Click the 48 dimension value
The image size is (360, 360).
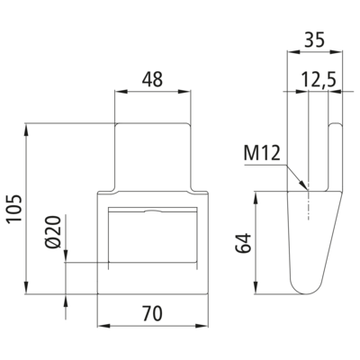pyautogui.click(x=152, y=79)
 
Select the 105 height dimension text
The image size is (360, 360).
pyautogui.click(x=14, y=208)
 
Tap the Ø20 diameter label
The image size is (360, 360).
pyautogui.click(x=54, y=232)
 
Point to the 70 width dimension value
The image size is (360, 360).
pyautogui.click(x=152, y=313)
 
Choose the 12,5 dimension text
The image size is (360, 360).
pyautogui.click(x=319, y=80)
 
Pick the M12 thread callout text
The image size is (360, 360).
pyautogui.click(x=262, y=153)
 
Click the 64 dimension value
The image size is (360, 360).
pyautogui.click(x=243, y=243)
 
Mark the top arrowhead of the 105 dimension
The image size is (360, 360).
pyautogui.click(x=27, y=130)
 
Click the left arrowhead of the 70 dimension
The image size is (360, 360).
pyautogui.click(x=104, y=326)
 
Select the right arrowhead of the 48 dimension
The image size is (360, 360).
pyautogui.click(x=184, y=92)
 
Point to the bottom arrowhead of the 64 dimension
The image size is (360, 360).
pyautogui.click(x=256, y=287)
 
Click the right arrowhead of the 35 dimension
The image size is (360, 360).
pyautogui.click(x=336, y=52)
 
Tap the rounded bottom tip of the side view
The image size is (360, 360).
pyautogui.click(x=303, y=293)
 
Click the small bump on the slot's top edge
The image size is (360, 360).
pyautogui.click(x=153, y=211)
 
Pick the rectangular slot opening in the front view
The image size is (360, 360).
pyautogui.click(x=153, y=235)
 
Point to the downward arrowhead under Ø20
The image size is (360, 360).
pyautogui.click(x=66, y=256)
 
